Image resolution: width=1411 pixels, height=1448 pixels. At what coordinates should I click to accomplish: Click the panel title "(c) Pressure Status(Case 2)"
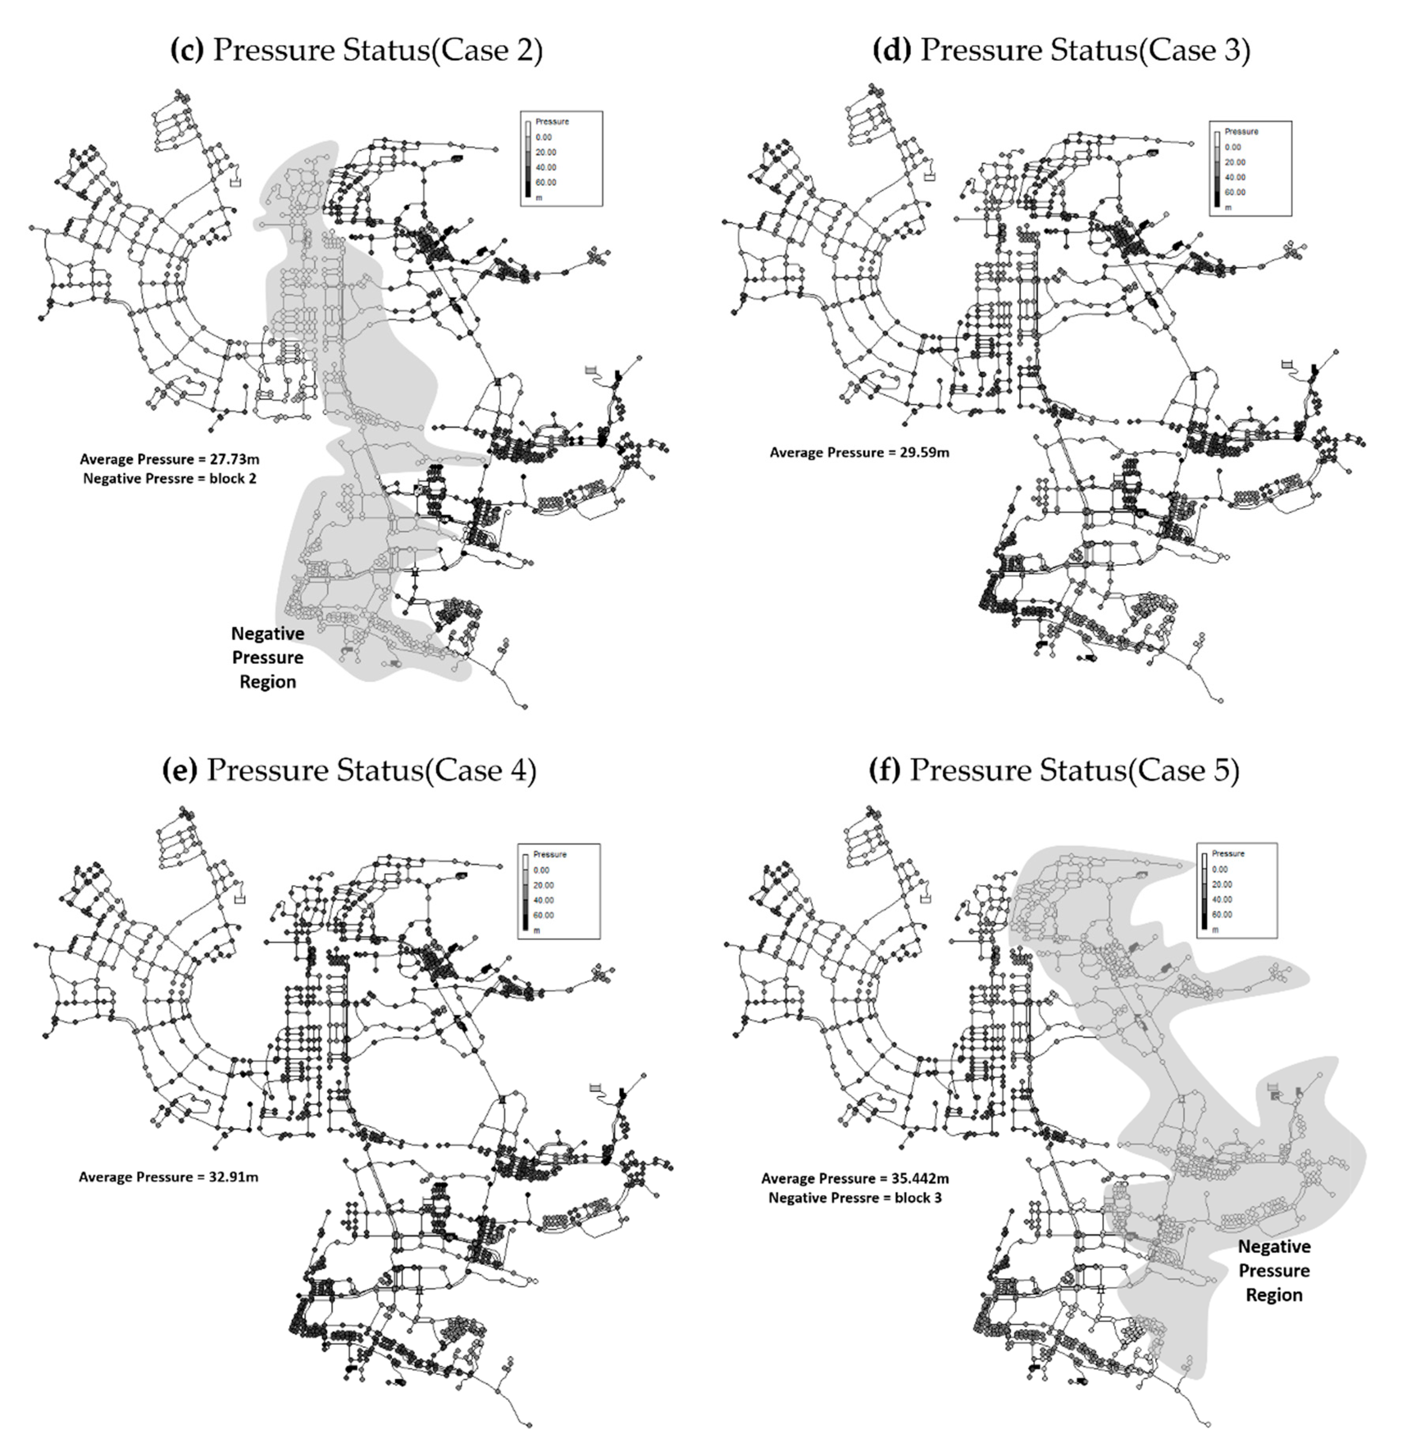(x=356, y=50)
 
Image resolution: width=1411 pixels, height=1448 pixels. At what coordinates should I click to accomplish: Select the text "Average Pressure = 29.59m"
(x=859, y=452)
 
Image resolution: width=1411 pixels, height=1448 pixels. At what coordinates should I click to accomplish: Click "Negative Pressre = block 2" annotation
(x=170, y=479)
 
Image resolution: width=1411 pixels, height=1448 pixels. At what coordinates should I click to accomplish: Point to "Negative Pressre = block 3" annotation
(x=855, y=1198)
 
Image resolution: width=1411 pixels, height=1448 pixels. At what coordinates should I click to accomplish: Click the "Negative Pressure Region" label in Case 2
(x=267, y=657)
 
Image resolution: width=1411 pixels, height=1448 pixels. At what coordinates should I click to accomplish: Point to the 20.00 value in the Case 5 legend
(x=1221, y=884)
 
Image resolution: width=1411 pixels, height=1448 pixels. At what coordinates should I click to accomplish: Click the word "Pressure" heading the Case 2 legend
(x=552, y=121)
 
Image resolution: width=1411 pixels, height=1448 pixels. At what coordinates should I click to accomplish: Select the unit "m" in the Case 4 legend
(x=537, y=930)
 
